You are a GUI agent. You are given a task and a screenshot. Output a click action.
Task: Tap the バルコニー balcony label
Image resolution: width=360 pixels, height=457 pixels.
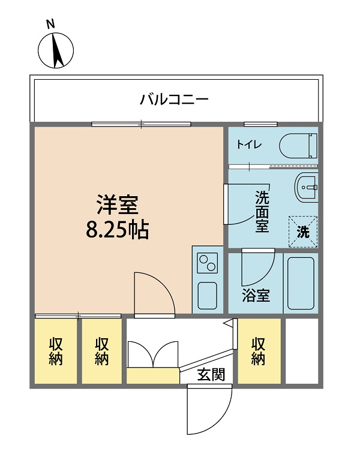point(174,100)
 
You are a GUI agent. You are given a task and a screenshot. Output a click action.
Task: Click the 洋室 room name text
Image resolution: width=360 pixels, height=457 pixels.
point(118,205)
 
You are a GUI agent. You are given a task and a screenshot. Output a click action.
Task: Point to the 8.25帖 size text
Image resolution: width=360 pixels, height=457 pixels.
point(118,229)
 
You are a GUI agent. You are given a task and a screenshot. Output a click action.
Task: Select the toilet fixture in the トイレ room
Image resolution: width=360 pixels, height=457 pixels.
point(298,146)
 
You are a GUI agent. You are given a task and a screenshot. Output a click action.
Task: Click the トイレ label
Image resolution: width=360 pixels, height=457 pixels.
point(249,145)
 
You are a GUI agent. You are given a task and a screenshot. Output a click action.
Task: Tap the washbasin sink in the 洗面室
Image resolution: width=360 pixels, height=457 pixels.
point(306,187)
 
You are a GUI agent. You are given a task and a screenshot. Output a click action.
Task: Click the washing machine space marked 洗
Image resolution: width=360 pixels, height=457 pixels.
point(303,231)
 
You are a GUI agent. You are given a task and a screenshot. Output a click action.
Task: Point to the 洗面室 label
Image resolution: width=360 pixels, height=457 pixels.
point(262,211)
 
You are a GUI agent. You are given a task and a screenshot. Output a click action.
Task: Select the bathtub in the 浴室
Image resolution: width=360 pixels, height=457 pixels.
point(301,283)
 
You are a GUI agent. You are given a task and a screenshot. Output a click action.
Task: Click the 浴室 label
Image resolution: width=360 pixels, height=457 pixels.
point(256,296)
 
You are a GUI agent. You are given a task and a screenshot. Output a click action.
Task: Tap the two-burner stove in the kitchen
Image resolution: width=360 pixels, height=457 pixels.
point(207,263)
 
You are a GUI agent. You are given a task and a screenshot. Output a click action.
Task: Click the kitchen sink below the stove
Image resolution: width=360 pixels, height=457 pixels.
point(207,296)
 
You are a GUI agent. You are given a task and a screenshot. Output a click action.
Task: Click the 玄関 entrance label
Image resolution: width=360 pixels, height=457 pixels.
point(211,374)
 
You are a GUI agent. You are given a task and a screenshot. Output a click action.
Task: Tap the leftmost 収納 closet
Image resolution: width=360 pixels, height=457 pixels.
point(56,351)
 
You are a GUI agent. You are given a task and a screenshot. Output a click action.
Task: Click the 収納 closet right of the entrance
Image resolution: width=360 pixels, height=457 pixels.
point(259,351)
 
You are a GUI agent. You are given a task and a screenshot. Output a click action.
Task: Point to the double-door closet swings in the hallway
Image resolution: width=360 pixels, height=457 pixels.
point(153,354)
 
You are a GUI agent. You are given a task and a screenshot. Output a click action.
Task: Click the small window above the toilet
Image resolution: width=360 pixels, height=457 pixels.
point(260,124)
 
